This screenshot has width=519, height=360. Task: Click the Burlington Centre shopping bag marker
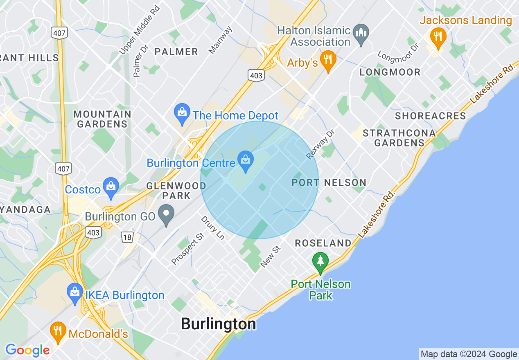point(246,162)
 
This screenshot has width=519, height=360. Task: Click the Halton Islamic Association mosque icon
point(361,34)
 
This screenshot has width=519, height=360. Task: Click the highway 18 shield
point(126,237)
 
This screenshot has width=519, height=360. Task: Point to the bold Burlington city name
point(218,324)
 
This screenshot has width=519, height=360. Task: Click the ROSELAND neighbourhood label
point(323,243)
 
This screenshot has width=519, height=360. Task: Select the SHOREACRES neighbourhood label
point(430,116)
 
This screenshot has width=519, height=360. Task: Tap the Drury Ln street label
point(213,227)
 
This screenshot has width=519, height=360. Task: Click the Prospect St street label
point(187,249)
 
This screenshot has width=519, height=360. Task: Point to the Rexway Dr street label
point(320,144)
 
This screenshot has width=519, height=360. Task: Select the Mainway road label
point(220,40)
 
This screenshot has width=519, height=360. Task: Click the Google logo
point(27,350)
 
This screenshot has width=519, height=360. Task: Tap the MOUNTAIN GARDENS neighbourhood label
point(102,119)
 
